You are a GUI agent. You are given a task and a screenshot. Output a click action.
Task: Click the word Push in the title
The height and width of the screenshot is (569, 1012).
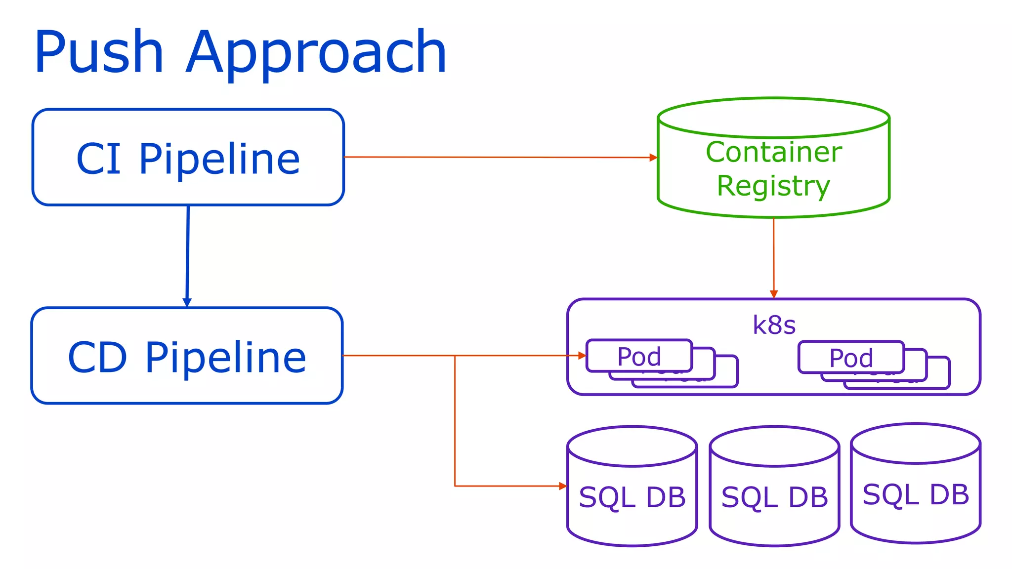[x=99, y=52]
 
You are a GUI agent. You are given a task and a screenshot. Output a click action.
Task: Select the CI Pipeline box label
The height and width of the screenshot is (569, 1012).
[x=188, y=159]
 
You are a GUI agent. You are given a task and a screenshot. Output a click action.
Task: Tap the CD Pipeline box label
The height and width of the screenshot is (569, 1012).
[x=187, y=357]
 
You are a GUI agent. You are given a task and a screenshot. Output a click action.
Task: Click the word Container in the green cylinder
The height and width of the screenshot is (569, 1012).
[x=774, y=152]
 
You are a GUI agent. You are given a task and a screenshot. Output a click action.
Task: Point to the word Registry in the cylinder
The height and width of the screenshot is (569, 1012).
[x=773, y=186]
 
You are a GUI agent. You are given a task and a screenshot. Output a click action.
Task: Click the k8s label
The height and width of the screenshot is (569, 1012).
[x=774, y=325]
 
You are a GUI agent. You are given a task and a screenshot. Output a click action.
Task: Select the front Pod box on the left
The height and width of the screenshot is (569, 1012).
[x=639, y=356]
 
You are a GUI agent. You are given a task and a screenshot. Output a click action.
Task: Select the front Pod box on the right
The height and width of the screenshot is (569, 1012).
[x=851, y=358]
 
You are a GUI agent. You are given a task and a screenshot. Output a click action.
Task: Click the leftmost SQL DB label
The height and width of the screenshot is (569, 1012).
[x=632, y=497]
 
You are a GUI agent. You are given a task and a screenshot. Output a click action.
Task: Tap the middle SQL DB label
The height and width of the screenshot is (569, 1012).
[x=774, y=497]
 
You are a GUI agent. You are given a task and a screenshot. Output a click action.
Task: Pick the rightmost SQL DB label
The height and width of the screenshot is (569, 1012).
[x=916, y=494]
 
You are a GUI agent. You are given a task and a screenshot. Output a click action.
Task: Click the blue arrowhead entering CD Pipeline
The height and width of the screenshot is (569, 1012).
[x=187, y=302]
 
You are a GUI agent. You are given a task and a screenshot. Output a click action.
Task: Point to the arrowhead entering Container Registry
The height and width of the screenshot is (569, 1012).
[x=653, y=158]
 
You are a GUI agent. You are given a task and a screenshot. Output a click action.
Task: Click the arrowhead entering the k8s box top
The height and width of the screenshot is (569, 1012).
[x=774, y=294]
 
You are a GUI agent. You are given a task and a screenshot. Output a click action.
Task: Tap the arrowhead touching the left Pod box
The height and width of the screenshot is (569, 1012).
[x=582, y=356]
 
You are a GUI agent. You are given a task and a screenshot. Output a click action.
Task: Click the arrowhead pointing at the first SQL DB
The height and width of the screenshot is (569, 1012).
[x=563, y=486]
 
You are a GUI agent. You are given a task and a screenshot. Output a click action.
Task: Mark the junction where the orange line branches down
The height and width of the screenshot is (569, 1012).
[x=455, y=356]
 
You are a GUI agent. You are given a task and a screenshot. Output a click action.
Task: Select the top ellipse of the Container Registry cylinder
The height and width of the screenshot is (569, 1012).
[x=774, y=118]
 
